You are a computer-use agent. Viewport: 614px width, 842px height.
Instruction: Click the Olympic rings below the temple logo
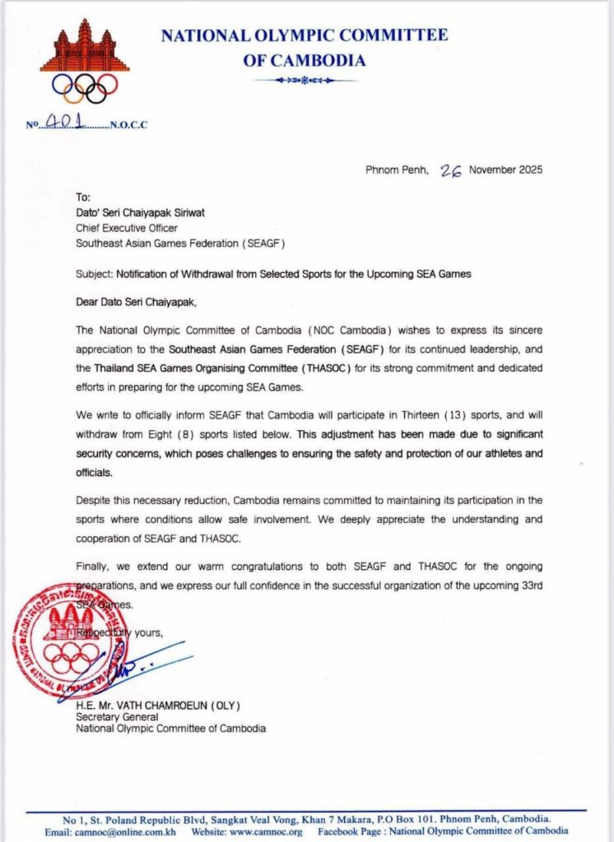tap(85, 87)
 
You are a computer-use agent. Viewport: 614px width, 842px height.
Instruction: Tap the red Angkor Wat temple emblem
tap(85, 48)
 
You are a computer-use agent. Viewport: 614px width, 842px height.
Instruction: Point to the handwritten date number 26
tap(450, 170)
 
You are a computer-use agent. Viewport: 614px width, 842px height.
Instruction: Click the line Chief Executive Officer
tap(127, 229)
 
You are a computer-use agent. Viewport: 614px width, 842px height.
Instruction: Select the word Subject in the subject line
tap(92, 274)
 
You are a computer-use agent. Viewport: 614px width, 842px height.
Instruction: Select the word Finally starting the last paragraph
tap(92, 567)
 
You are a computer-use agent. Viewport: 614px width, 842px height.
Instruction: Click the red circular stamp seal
tap(71, 641)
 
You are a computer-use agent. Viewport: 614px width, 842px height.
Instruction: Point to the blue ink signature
tap(132, 672)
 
